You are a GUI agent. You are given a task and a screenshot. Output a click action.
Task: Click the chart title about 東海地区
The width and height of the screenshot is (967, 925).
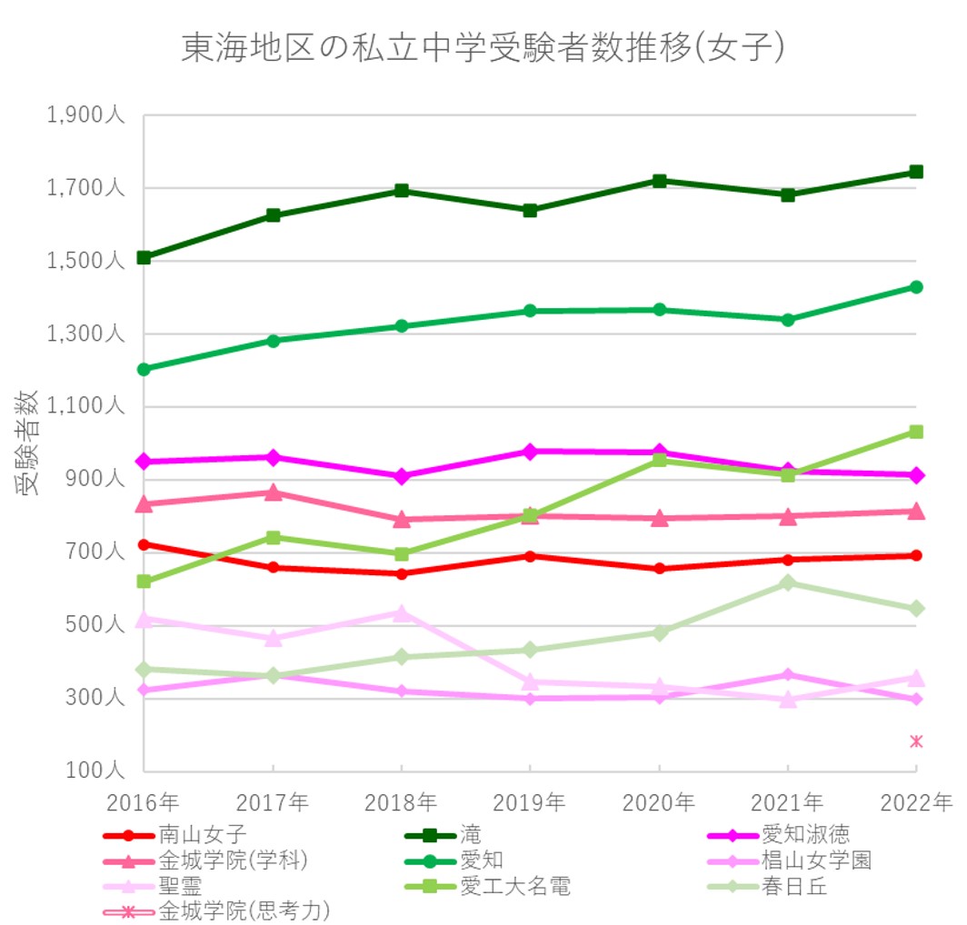(483, 47)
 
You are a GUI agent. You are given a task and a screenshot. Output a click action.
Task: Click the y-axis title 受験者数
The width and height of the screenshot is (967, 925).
(27, 442)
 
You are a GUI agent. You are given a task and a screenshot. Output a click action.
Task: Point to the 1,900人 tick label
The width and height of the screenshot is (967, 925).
(85, 116)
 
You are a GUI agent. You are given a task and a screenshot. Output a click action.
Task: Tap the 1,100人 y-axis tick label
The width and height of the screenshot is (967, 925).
(85, 406)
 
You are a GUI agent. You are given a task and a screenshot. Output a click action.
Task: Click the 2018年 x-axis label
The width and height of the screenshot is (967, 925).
(401, 802)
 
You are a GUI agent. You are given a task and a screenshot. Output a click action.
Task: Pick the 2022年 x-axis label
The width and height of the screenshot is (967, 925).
(915, 802)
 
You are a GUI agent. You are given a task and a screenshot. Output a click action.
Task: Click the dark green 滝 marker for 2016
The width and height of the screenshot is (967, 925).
(144, 257)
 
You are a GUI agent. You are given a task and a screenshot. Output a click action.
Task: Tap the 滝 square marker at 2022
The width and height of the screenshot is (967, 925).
(916, 172)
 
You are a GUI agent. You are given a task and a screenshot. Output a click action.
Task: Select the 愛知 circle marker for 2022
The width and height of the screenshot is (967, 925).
(916, 287)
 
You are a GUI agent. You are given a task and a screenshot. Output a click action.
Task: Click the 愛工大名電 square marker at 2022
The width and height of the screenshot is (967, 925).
(916, 432)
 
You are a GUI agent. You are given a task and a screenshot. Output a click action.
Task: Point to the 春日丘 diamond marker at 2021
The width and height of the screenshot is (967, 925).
(788, 582)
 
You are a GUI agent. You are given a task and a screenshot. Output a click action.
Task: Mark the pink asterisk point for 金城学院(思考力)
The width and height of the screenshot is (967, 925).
(916, 741)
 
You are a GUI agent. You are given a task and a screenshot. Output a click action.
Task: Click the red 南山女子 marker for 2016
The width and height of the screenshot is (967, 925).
(144, 544)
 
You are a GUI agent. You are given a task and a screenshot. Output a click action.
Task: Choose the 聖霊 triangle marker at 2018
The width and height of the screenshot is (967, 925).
(401, 612)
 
